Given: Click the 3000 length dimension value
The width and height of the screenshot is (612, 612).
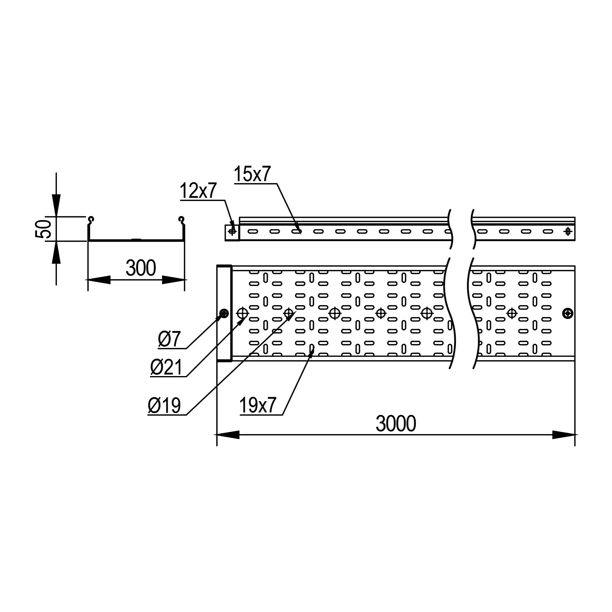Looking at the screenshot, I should (396, 424).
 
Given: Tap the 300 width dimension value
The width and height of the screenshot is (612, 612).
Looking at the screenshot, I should (141, 268).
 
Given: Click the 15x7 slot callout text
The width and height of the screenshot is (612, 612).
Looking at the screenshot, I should (252, 174).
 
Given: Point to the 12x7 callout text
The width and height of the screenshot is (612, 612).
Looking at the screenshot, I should (198, 191).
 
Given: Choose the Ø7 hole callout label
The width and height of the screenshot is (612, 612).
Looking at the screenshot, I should (169, 339).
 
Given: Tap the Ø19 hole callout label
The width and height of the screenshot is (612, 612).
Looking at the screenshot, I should (164, 405).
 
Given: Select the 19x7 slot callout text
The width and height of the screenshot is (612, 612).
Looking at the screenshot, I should (258, 405).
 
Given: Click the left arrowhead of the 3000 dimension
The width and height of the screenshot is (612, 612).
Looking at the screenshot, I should (228, 435).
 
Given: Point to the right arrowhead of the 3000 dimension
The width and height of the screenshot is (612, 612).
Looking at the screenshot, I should (564, 435).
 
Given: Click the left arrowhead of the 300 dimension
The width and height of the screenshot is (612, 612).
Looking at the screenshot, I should (99, 280).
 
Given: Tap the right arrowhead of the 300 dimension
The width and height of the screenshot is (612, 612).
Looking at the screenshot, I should (173, 280).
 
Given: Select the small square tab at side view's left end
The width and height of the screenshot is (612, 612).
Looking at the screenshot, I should (232, 233).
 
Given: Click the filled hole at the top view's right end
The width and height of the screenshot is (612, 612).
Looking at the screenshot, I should (568, 314).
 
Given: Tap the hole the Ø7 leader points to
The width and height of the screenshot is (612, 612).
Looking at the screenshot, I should (224, 314).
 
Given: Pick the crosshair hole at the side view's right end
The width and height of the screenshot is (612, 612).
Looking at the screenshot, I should (568, 232).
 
